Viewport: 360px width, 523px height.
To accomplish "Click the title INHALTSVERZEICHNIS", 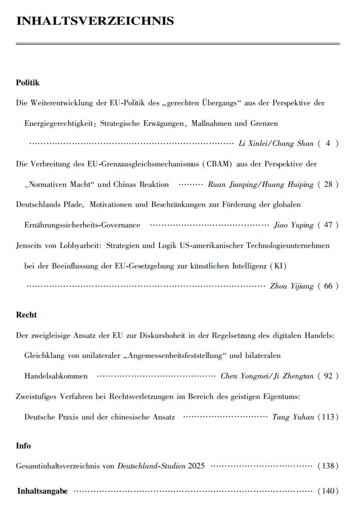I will (95, 21).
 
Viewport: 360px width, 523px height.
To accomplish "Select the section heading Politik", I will (28, 83).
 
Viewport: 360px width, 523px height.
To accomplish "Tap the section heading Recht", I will (26, 315).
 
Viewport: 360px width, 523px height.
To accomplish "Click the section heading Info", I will (23, 446).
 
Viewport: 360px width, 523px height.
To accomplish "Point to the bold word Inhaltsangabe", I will (42, 491).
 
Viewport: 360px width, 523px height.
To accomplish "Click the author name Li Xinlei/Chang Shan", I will (276, 144).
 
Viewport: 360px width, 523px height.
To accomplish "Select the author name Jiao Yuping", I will (293, 225).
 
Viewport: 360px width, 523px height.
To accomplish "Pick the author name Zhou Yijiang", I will (292, 286).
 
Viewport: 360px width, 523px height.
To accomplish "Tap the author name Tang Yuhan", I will (292, 417).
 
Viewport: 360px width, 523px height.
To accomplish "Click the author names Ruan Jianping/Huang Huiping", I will (261, 185).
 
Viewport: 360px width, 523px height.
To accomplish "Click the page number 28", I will (328, 185).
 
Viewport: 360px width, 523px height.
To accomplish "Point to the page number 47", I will (328, 225).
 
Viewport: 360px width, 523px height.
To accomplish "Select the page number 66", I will (328, 286).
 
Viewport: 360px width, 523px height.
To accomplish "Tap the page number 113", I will (328, 417).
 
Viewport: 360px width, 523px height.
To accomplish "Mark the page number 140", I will (328, 491).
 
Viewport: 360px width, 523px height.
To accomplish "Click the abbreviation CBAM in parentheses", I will (218, 164).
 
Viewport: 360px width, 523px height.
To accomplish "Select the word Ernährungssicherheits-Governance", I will (82, 225).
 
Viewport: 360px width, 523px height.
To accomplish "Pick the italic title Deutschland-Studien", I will (151, 466).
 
